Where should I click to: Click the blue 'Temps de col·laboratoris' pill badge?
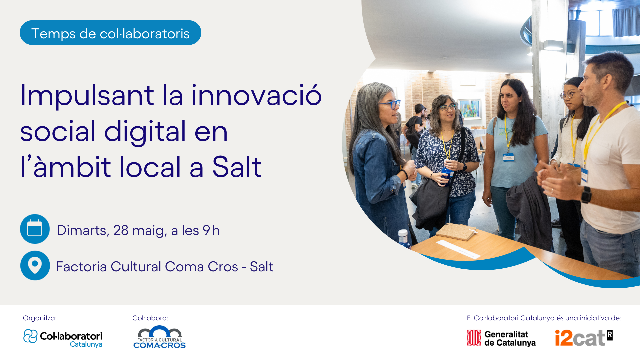tap(110, 33)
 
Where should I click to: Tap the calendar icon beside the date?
tap(35, 229)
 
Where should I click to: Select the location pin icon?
tap(35, 266)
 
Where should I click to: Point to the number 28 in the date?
tap(121, 230)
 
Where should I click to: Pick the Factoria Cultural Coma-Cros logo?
tap(160, 337)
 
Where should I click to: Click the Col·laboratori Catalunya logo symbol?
tap(30, 336)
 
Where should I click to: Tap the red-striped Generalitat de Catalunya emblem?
tap(474, 338)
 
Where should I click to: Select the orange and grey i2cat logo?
tap(584, 338)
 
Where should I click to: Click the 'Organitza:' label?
tap(40, 318)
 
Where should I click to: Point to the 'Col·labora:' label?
tap(150, 318)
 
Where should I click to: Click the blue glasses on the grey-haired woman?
tap(390, 104)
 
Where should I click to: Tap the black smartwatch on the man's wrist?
tap(586, 195)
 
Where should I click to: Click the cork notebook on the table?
tap(456, 231)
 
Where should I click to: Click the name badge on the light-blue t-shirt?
tap(508, 157)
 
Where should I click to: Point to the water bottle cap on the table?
tap(403, 232)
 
